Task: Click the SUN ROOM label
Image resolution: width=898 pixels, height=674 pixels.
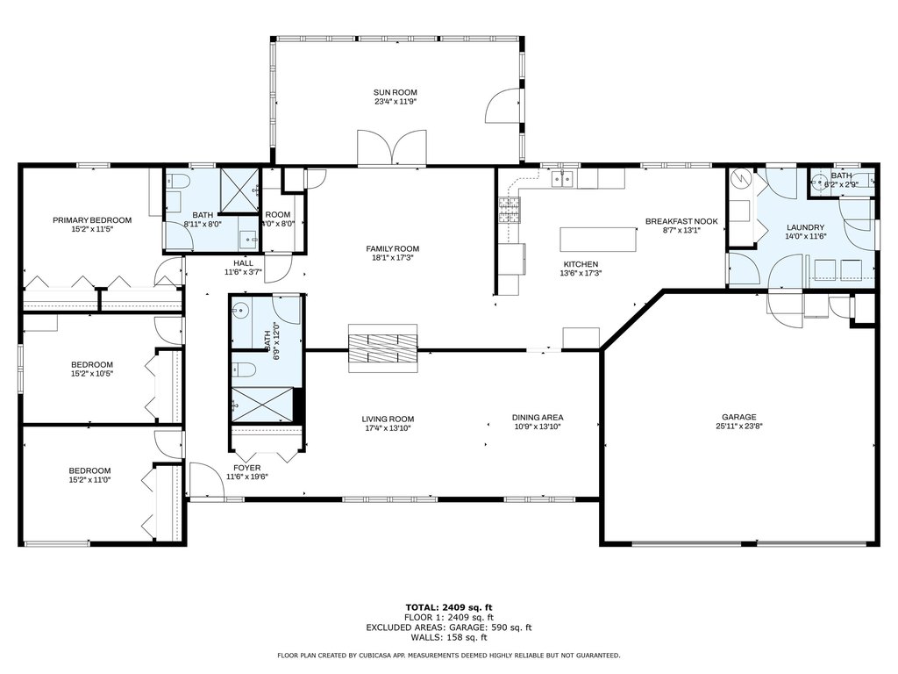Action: click(x=396, y=92)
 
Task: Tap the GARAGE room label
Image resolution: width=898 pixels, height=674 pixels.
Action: click(x=738, y=417)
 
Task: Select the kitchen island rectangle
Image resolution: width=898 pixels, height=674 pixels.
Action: click(x=598, y=239)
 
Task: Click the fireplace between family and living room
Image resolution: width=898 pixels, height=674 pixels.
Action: click(x=382, y=348)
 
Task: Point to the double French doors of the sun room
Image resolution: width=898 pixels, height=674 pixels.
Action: click(x=392, y=148)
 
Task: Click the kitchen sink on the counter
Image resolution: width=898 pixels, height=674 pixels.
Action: click(x=562, y=179)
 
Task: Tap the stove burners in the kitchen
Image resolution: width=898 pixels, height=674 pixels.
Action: click(x=510, y=210)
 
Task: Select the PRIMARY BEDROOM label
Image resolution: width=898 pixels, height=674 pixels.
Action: click(x=92, y=220)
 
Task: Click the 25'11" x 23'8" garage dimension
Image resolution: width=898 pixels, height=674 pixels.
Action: click(x=738, y=426)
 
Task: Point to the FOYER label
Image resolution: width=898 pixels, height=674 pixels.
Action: click(x=246, y=468)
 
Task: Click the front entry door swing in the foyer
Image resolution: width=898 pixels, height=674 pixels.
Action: click(x=206, y=480)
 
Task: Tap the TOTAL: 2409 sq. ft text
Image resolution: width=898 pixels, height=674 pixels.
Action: click(x=449, y=607)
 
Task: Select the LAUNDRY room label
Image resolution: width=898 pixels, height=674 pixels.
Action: click(x=805, y=227)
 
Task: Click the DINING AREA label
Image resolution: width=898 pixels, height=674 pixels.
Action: click(x=538, y=417)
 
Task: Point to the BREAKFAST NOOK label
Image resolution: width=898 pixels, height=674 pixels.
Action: click(x=681, y=221)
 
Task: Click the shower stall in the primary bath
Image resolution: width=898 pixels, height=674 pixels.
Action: click(x=239, y=190)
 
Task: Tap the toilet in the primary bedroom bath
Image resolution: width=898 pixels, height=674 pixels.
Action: click(x=178, y=182)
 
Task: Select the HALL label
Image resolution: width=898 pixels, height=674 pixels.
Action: click(x=244, y=263)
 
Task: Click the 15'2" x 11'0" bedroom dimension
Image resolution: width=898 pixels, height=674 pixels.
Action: click(x=90, y=480)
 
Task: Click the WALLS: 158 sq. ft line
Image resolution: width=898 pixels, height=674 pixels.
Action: click(x=449, y=637)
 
